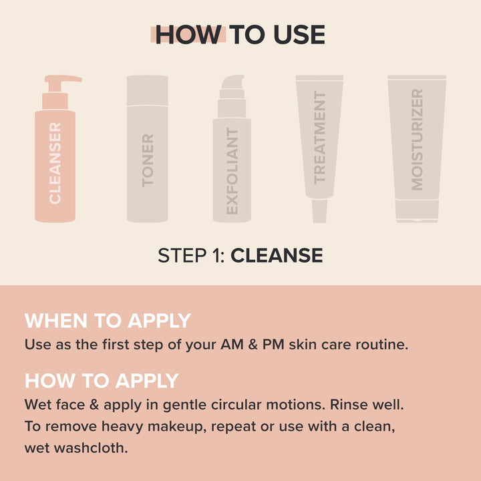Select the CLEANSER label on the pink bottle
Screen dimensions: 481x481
55,162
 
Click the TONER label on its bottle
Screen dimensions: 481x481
148,160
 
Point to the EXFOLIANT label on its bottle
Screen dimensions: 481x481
232,171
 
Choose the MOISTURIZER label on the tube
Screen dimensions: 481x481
418,140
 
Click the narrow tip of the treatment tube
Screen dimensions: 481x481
319,210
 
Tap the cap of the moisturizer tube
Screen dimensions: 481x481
417,212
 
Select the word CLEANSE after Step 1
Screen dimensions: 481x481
277,255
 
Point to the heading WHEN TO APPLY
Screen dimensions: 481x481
108,321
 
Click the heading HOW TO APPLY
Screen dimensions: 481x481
102,381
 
